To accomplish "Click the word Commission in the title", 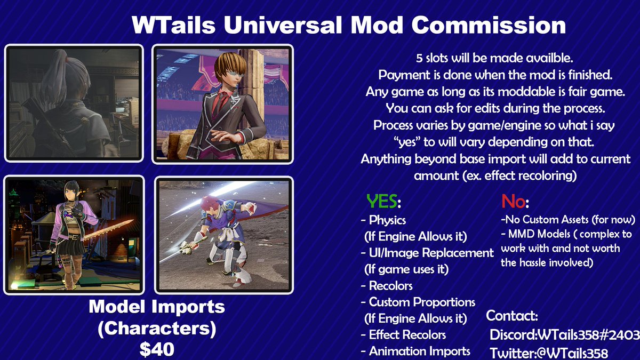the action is [489, 25].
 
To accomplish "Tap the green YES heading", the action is [382, 201].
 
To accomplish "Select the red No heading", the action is [513, 201].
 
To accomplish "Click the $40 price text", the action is [157, 349].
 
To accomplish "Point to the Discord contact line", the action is [565, 335].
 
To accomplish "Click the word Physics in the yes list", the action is [387, 220].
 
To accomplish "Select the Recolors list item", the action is [390, 286].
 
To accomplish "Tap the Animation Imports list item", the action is [419, 351].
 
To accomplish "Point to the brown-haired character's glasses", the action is [235, 74].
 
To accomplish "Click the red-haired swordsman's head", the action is [210, 204].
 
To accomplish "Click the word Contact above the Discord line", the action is [512, 316].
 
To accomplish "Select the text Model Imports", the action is [157, 307].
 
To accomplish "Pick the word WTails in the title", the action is [174, 25].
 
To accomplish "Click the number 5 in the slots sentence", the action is [419, 58].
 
